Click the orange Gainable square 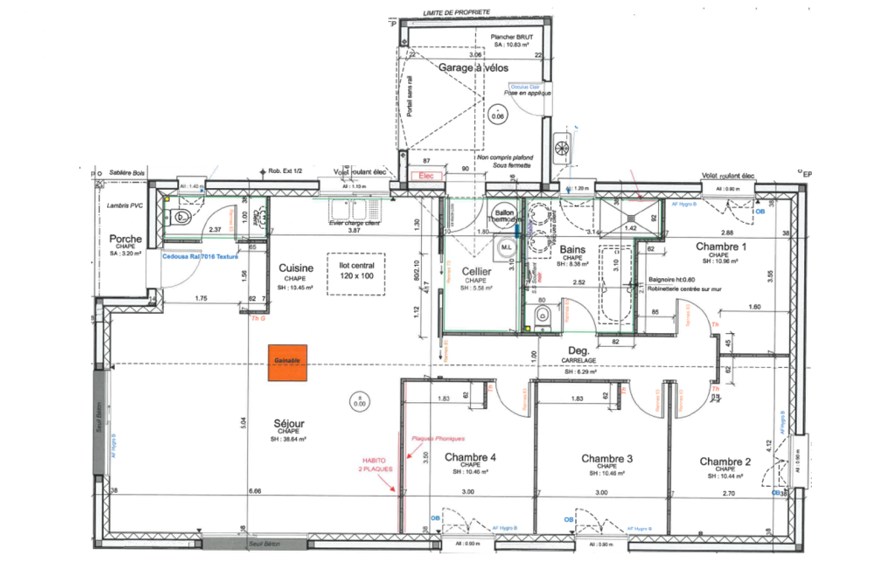[x=287, y=362]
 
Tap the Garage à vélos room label [x=473, y=68]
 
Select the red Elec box [x=426, y=176]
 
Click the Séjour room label [x=289, y=424]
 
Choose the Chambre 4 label [x=470, y=457]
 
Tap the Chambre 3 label [x=607, y=458]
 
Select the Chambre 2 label [x=725, y=462]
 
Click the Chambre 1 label [x=721, y=246]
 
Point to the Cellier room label [x=476, y=271]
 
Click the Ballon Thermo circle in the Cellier [x=504, y=215]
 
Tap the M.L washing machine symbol [x=506, y=247]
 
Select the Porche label [x=126, y=239]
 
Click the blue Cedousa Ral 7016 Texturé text [x=200, y=257]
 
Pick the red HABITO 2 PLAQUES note [x=375, y=464]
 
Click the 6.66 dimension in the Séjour [x=254, y=491]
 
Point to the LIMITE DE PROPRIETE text [x=456, y=13]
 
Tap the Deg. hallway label [x=579, y=351]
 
